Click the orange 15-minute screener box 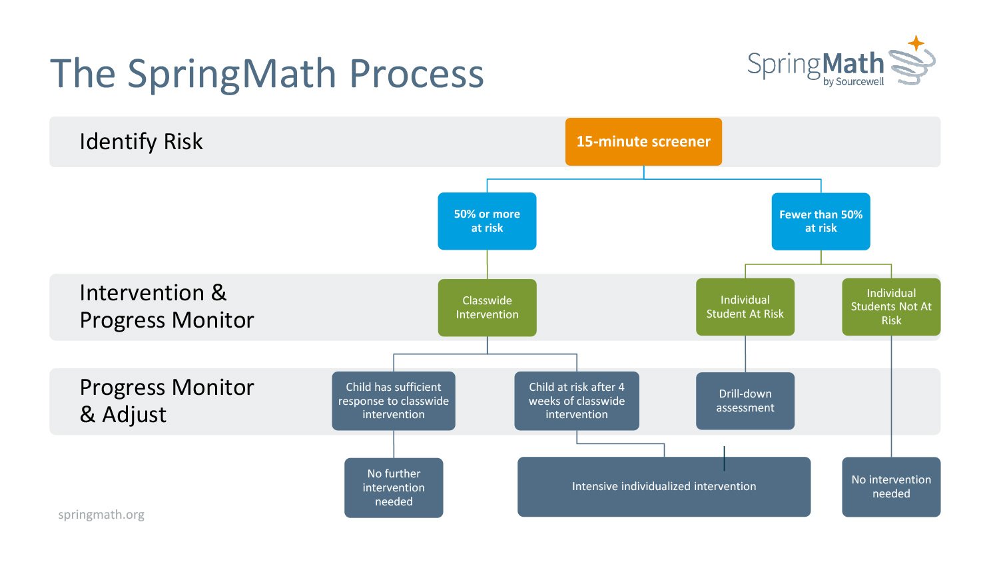pos(643,142)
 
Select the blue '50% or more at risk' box pos(487,221)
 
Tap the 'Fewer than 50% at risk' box pos(821,221)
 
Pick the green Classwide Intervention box pos(487,308)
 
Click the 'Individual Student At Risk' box pos(745,307)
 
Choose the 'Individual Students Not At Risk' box pos(891,307)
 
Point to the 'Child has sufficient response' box pos(394,401)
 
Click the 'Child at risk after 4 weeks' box pos(577,401)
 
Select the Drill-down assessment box pos(745,401)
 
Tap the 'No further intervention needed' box pos(394,487)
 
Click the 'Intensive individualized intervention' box pos(664,487)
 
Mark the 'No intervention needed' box pos(891,487)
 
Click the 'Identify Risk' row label pos(141,142)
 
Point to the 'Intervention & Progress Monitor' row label pos(166,306)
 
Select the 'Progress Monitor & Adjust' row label pos(166,401)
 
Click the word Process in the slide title pos(416,73)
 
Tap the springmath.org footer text pos(101,515)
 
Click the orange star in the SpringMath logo pos(916,43)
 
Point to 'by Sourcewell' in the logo pos(853,82)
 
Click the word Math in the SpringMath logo pos(853,64)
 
